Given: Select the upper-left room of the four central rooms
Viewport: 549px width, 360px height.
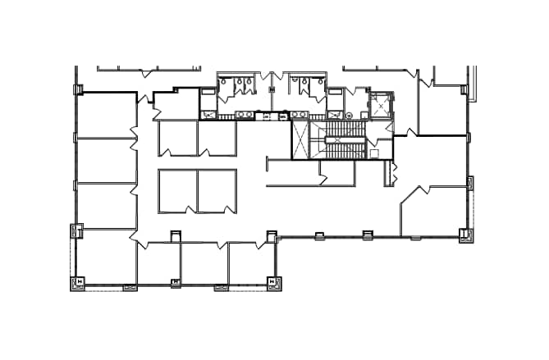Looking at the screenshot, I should (x=177, y=138).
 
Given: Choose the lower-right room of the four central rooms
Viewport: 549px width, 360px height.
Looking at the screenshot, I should (x=217, y=191).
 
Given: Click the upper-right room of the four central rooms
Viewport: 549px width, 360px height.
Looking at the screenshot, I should (x=217, y=138).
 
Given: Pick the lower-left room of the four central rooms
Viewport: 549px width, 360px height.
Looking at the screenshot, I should (x=177, y=191).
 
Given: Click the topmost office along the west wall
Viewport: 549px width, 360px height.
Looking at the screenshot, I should (x=107, y=116).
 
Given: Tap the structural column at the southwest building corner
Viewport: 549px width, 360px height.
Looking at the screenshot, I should (x=80, y=283).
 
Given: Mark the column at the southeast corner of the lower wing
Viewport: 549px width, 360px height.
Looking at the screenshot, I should (x=273, y=283).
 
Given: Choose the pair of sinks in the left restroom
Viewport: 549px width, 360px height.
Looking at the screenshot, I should (x=244, y=114).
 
